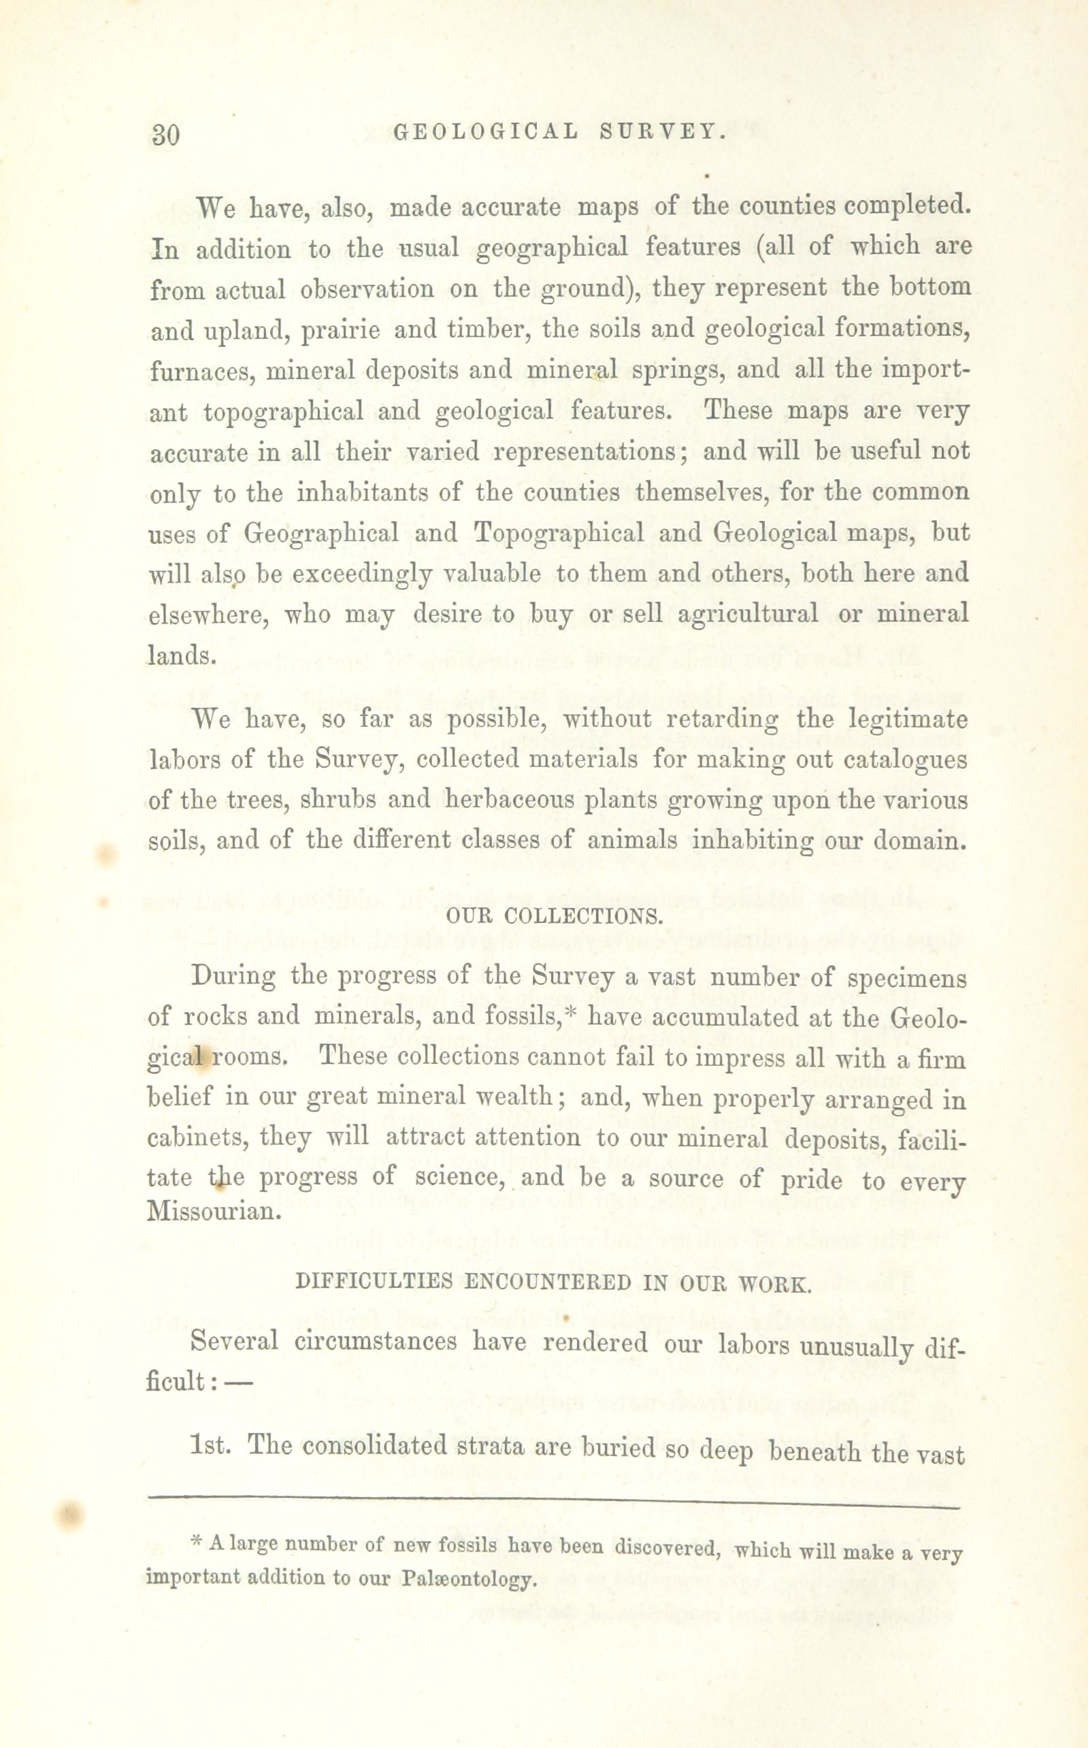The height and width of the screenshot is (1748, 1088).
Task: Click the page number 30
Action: point(165,135)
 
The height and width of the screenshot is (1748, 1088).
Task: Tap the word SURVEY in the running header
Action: point(659,131)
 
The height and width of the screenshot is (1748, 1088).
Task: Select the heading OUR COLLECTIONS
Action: point(555,916)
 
